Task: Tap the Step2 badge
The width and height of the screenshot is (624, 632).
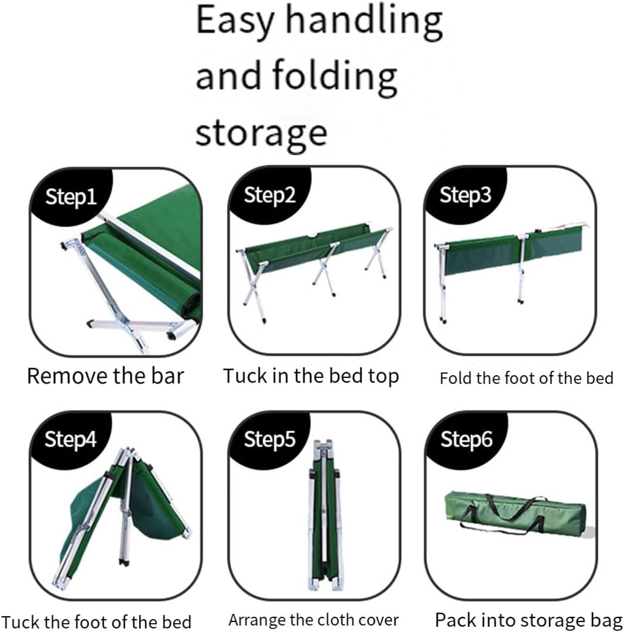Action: point(270,195)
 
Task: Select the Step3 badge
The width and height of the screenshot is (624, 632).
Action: point(466,195)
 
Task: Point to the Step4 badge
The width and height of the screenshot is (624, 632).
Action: point(71,439)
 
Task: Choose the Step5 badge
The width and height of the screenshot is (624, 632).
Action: point(270,439)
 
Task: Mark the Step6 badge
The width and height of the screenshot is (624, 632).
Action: point(466,439)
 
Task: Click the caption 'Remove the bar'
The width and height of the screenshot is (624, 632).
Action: point(105,376)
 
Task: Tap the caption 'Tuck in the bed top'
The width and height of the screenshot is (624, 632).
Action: point(311,376)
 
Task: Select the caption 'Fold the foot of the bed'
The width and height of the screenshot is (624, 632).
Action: point(526,378)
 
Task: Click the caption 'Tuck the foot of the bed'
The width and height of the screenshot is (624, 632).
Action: point(97,621)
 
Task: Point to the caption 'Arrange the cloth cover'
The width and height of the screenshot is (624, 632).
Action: point(313,620)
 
